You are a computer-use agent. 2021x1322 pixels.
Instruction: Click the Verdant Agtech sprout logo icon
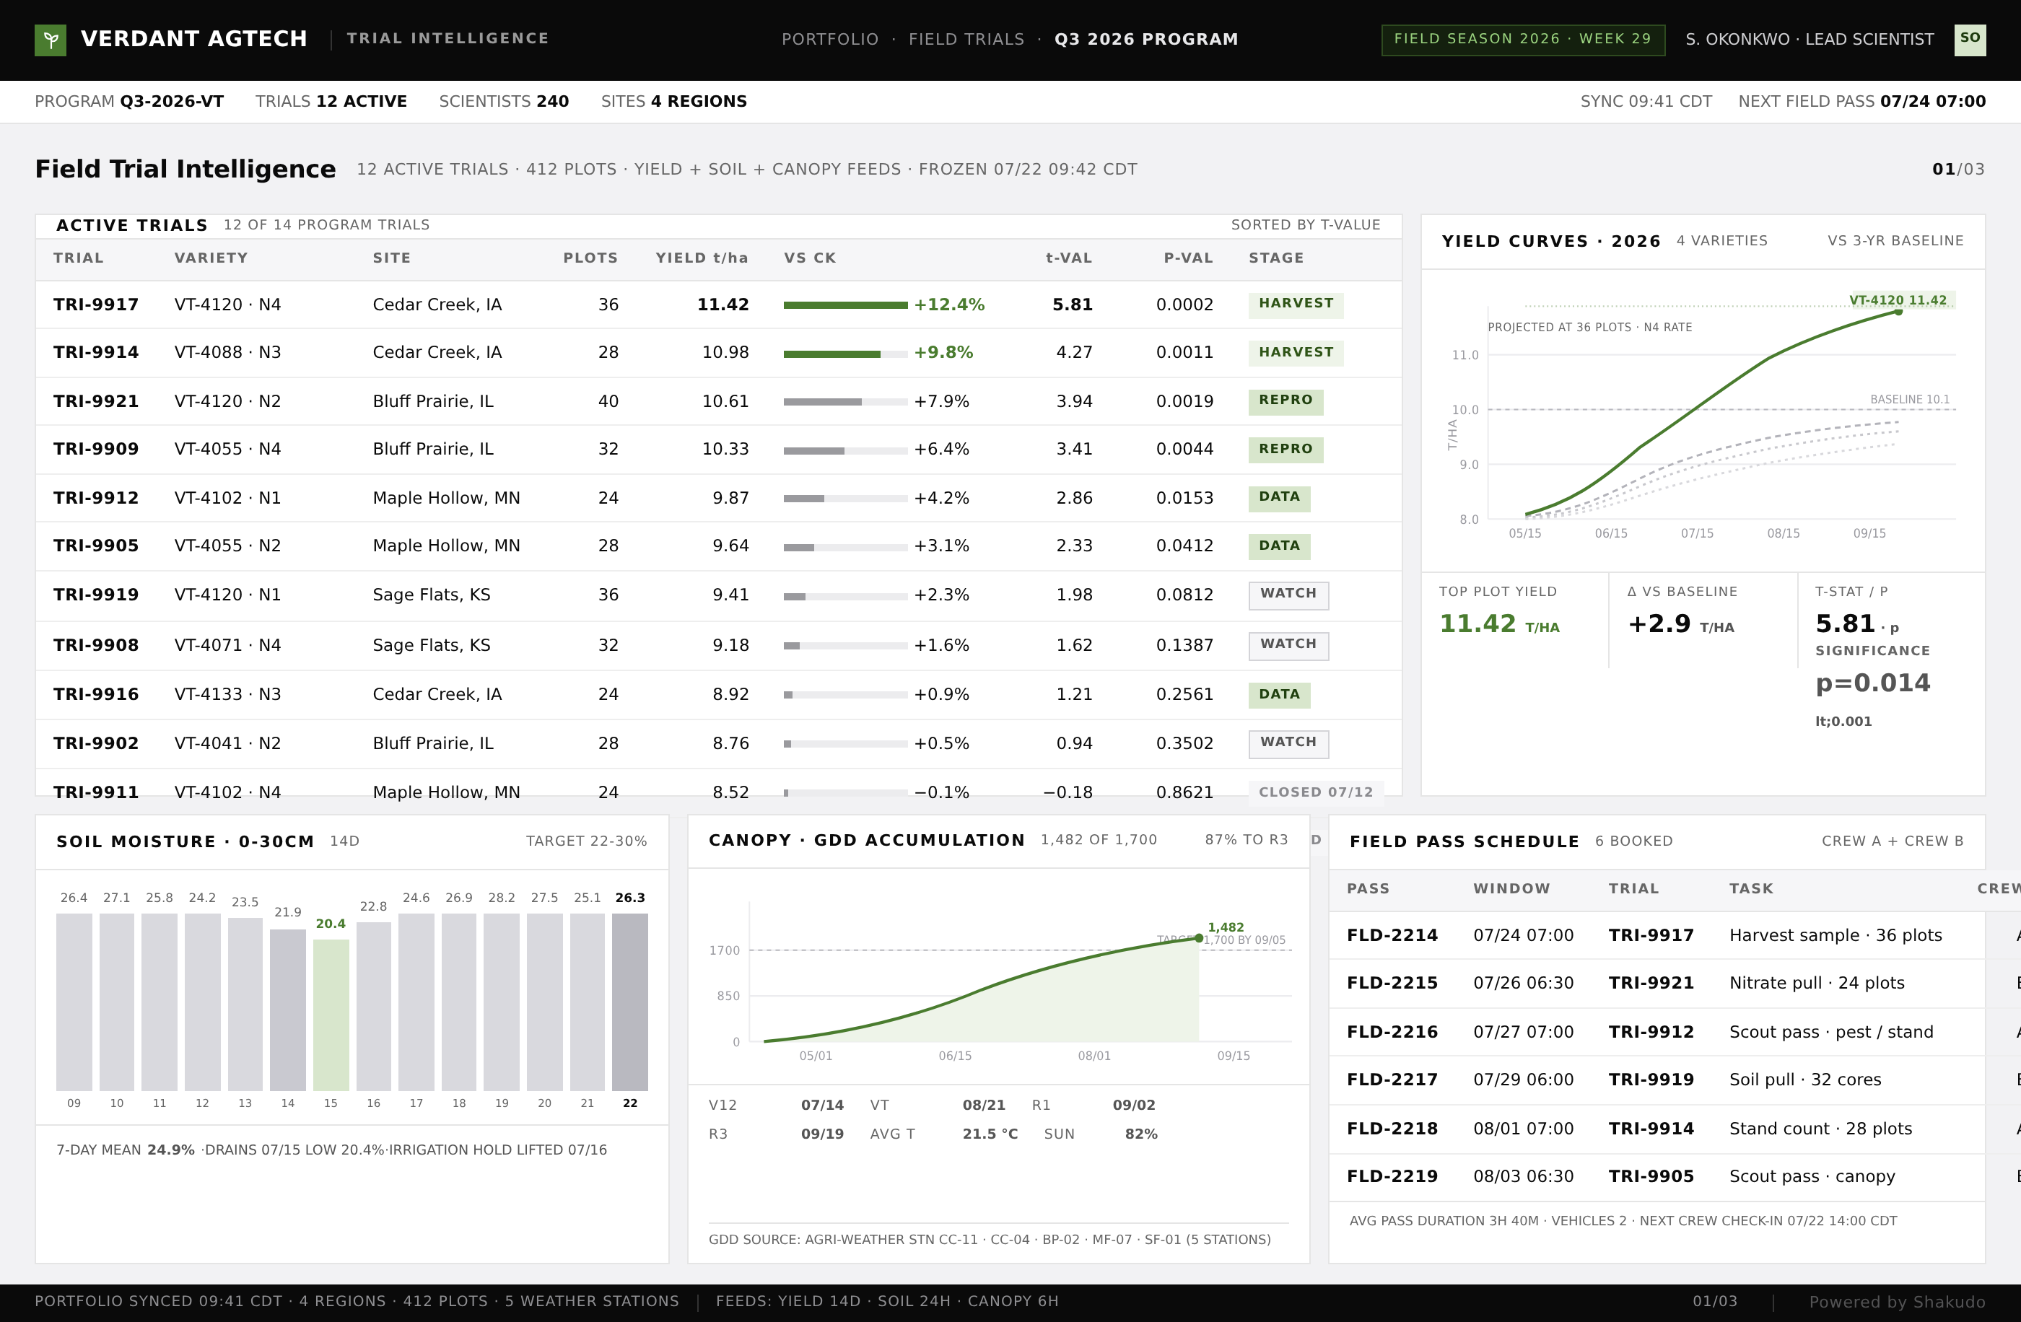pyautogui.click(x=50, y=40)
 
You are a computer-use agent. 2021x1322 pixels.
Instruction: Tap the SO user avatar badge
pyautogui.click(x=1969, y=39)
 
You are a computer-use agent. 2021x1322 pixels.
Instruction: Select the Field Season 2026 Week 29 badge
pyautogui.click(x=1522, y=39)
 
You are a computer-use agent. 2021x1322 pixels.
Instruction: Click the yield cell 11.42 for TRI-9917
pyautogui.click(x=723, y=305)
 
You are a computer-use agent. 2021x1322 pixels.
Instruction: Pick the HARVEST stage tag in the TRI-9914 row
pyautogui.click(x=1296, y=352)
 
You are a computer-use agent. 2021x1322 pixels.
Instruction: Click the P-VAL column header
pyautogui.click(x=1188, y=258)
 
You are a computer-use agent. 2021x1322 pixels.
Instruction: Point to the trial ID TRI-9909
pyautogui.click(x=96, y=449)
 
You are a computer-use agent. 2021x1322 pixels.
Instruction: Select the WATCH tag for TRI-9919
pyautogui.click(x=1288, y=595)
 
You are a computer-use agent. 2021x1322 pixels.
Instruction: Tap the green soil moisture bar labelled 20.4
pyautogui.click(x=331, y=1015)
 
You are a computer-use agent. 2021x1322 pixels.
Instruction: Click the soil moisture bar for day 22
pyautogui.click(x=630, y=1002)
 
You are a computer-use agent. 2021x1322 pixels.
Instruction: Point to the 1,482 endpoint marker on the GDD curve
pyautogui.click(x=1198, y=938)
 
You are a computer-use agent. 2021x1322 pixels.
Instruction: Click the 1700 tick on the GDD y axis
pyautogui.click(x=725, y=950)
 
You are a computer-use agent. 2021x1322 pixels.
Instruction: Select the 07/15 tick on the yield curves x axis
pyautogui.click(x=1697, y=533)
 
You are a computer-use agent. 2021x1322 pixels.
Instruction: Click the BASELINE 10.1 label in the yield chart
pyautogui.click(x=1910, y=399)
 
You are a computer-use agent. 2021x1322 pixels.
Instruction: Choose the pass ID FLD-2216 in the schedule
pyautogui.click(x=1392, y=1032)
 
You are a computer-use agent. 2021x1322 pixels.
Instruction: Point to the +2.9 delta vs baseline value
pyautogui.click(x=1659, y=624)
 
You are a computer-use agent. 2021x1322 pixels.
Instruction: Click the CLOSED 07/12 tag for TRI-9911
pyautogui.click(x=1315, y=792)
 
